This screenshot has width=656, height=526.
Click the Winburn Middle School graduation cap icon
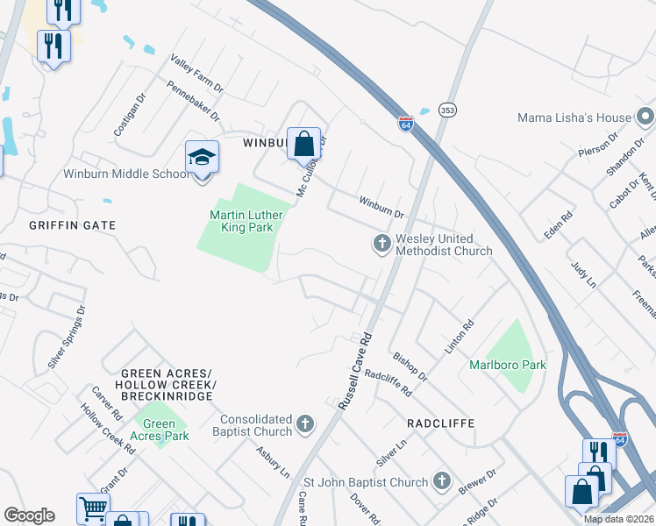202,158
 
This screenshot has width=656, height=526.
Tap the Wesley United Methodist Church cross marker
381,244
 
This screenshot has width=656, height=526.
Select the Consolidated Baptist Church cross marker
305,425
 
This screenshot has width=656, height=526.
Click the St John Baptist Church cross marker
441,481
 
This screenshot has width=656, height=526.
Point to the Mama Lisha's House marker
645,117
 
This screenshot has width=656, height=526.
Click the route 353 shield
448,110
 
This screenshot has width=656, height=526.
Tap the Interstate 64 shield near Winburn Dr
405,124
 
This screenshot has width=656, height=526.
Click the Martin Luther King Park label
242,221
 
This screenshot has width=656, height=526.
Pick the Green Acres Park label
159,430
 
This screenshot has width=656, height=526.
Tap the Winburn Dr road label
380,207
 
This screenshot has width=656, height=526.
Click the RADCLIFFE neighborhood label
440,423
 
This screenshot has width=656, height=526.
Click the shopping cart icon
92,508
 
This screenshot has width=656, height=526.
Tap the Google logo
29,515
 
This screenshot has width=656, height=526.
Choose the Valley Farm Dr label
197,76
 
